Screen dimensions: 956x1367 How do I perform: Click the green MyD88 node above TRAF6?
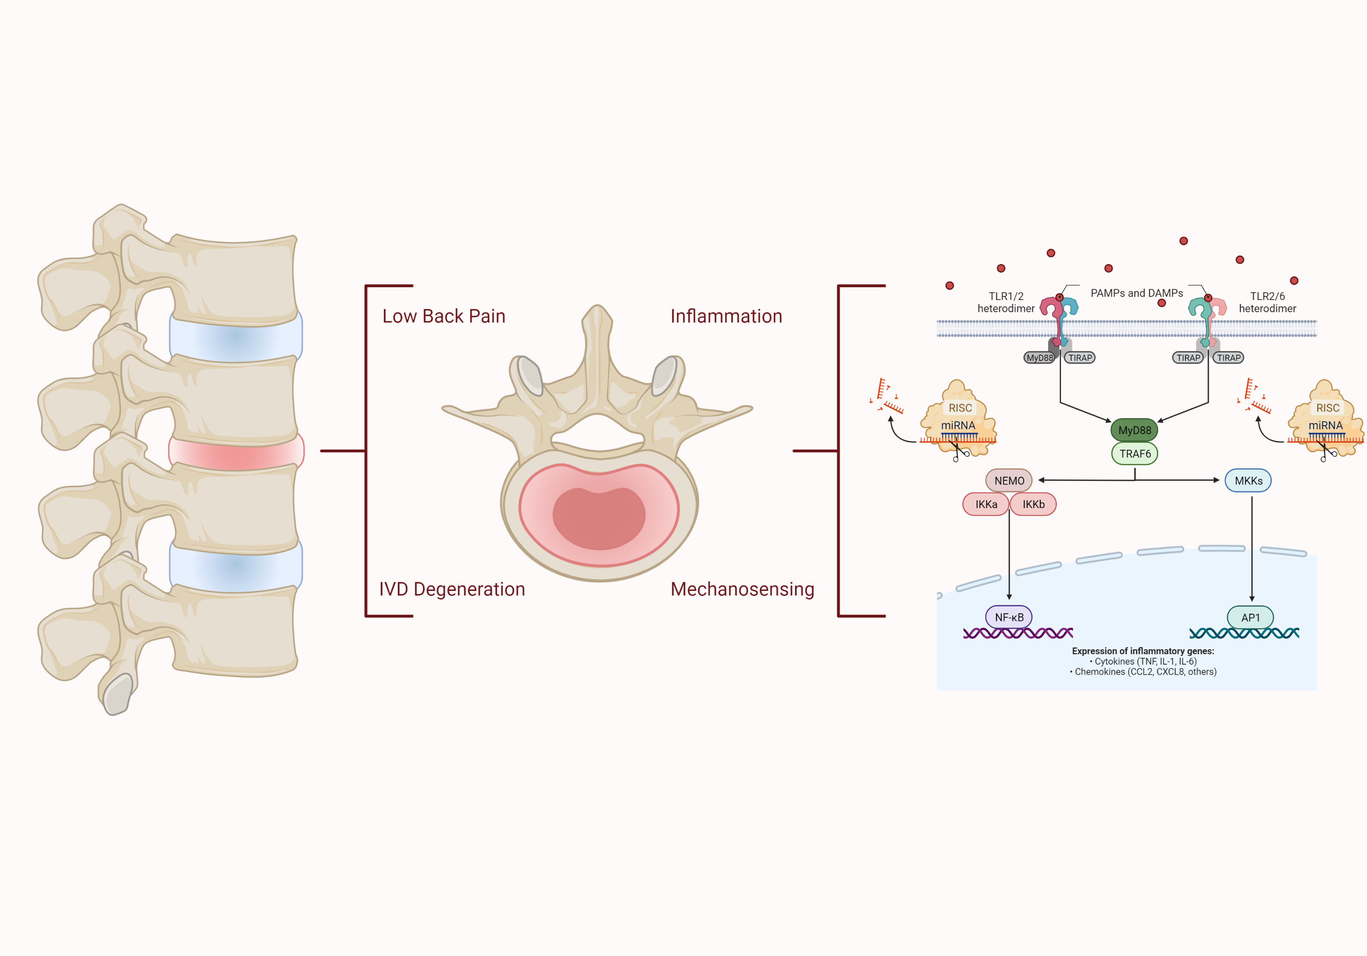point(1134,430)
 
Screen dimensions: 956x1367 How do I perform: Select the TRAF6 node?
point(1135,454)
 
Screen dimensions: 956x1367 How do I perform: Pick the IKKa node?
point(986,504)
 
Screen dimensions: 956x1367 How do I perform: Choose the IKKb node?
point(1033,504)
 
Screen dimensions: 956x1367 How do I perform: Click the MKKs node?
point(1249,481)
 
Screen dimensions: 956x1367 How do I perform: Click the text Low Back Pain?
point(443,316)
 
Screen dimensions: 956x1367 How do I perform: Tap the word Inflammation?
point(726,316)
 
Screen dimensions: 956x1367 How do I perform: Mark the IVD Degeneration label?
point(452,589)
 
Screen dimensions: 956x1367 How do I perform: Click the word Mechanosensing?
point(742,589)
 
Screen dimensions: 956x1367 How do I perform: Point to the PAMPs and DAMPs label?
point(1136,293)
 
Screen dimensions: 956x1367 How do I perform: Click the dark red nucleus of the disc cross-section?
point(599,518)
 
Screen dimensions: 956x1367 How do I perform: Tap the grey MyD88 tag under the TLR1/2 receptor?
point(1039,357)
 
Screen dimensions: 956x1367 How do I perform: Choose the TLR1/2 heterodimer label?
point(1006,302)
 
